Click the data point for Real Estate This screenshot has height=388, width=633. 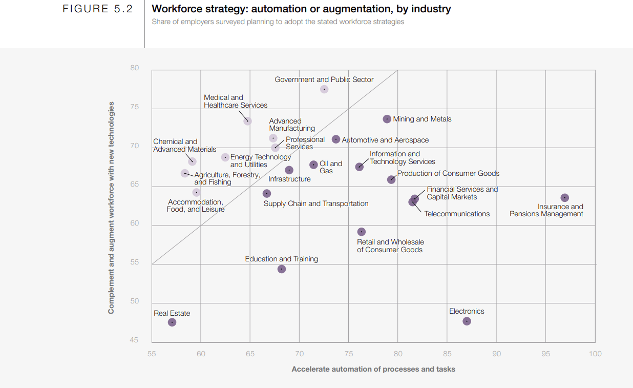point(172,322)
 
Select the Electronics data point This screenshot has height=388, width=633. point(467,321)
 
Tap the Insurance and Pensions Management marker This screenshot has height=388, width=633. point(564,198)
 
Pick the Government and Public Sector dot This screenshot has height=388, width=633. point(324,89)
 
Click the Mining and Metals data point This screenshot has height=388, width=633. point(387,119)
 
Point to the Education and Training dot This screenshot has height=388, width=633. point(282,269)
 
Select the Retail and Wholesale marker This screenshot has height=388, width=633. point(362,232)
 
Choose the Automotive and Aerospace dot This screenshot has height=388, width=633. point(336,139)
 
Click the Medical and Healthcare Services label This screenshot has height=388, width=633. point(236,101)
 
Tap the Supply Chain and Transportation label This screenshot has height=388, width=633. point(316,204)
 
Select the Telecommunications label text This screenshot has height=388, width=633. point(457,214)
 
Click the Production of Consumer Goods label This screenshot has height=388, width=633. point(448,174)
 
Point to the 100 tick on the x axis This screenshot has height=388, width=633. point(595,354)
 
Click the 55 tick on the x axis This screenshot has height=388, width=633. point(152,354)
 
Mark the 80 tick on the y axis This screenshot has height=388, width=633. point(134,68)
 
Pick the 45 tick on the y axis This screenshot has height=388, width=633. point(134,340)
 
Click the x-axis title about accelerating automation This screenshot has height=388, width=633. point(373,369)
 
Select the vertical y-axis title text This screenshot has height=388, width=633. point(111,208)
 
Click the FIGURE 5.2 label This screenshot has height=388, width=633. point(97,9)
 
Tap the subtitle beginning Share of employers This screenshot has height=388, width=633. point(278,22)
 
